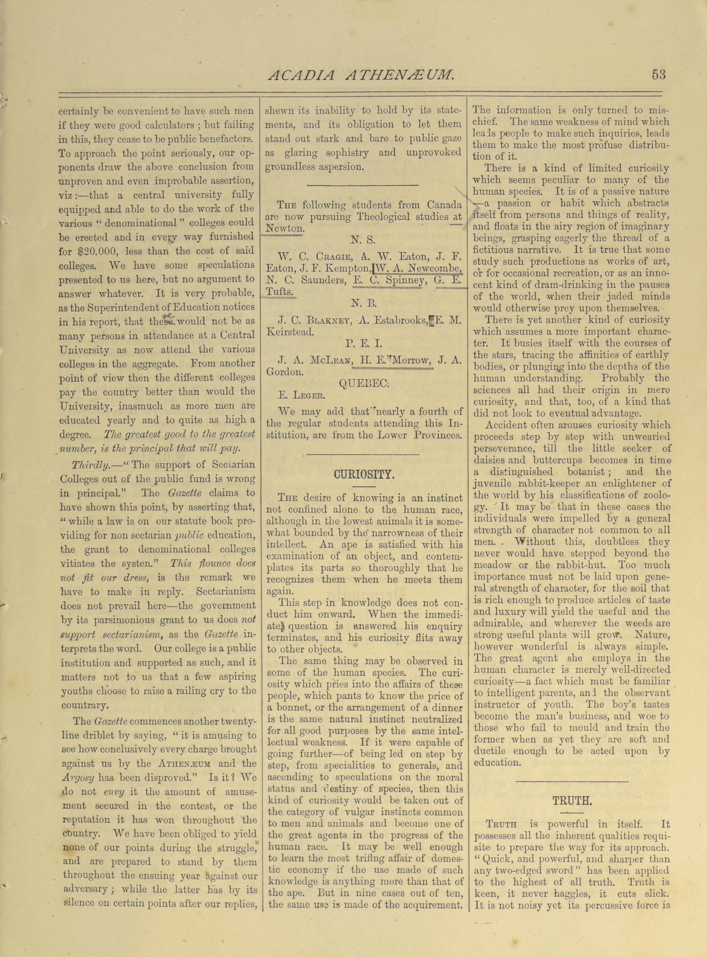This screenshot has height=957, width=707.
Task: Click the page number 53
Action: [659, 75]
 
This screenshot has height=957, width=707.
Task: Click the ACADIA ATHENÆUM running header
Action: [361, 75]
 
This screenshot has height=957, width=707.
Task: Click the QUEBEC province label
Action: [364, 384]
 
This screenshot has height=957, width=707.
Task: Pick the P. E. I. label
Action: [363, 344]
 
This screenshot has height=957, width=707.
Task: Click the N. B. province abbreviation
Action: [363, 303]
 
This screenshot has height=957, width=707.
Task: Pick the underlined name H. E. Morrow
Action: [394, 360]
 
